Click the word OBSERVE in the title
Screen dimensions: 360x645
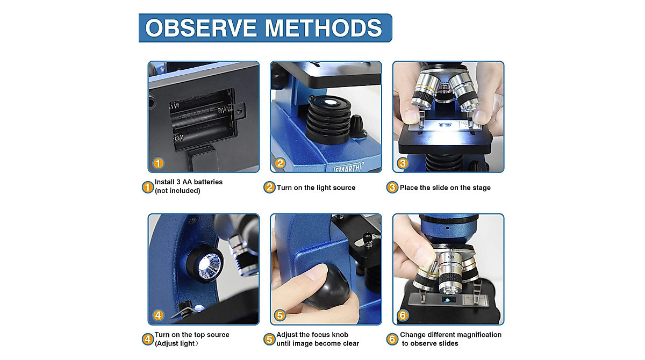click(x=203, y=28)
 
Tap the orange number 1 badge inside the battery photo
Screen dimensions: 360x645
click(x=159, y=163)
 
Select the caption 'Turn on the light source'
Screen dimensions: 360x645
click(x=316, y=188)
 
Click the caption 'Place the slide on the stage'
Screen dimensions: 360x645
click(x=445, y=188)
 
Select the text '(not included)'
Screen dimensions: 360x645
click(x=177, y=191)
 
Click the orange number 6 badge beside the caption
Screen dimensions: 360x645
click(x=392, y=339)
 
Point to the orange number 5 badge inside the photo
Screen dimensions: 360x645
click(x=280, y=315)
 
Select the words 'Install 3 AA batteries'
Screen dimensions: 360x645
click(x=189, y=182)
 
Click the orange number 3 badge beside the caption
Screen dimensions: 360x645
click(x=392, y=188)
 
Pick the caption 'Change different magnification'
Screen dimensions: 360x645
click(x=450, y=335)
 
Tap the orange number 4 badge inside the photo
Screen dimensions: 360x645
click(x=159, y=315)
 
